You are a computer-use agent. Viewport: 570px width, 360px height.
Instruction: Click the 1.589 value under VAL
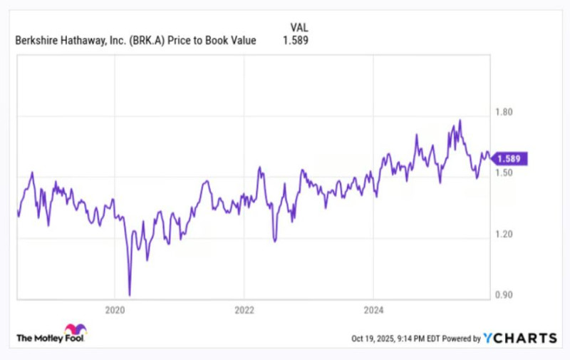coord(295,41)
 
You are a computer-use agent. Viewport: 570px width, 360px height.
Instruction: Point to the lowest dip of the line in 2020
coord(130,294)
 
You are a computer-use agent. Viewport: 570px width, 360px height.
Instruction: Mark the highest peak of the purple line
coord(460,120)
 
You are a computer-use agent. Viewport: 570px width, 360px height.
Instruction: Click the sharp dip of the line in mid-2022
coord(274,240)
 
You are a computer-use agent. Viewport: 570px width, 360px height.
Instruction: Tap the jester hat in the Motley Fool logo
coord(75,330)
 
